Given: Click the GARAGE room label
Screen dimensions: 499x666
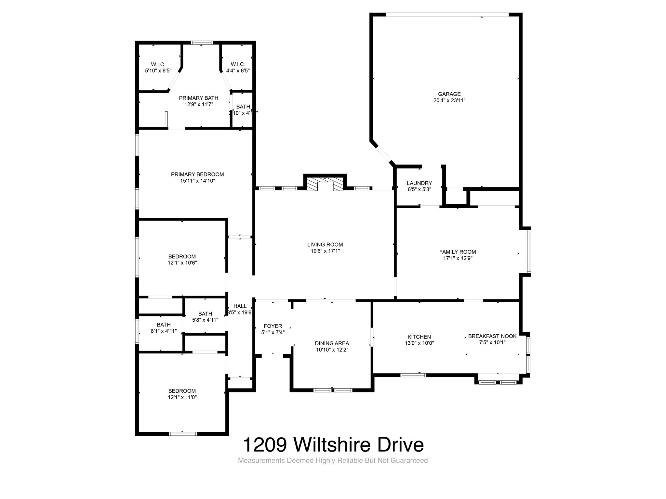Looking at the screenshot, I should point(449,94).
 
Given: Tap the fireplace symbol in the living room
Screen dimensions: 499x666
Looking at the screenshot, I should point(325,185).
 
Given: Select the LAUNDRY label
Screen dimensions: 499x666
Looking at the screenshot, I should point(419,183).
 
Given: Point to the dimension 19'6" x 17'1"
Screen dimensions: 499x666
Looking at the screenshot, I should point(325,251).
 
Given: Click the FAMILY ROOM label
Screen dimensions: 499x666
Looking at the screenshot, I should point(457,252).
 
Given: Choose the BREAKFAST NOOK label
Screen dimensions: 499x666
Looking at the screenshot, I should point(492,336).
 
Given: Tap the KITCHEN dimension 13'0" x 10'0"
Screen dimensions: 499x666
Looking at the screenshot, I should point(419,343).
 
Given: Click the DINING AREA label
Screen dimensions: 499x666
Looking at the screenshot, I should point(332,343).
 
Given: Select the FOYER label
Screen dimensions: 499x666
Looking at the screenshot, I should point(273,326).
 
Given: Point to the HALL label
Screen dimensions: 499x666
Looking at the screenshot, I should point(240,306).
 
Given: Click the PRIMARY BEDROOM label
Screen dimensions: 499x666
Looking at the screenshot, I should point(197,174).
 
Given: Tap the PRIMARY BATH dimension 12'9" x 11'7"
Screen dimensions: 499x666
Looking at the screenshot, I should point(198,105).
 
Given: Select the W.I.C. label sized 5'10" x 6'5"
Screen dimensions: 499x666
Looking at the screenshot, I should point(158,64).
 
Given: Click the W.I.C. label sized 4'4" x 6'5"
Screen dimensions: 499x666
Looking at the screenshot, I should point(238,64).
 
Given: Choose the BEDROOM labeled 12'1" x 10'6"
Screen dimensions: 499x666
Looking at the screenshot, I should point(182,257).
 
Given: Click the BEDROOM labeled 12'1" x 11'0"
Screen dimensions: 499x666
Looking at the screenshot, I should point(182,391).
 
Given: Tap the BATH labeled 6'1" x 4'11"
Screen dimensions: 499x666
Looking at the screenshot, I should point(164,325).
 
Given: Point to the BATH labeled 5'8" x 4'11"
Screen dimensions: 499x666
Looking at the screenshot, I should point(205,314).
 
